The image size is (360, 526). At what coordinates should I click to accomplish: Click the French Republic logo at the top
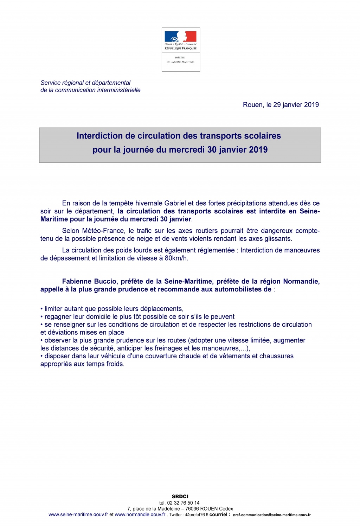coord(181,49)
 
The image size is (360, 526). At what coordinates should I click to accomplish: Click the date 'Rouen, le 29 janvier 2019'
coord(281,105)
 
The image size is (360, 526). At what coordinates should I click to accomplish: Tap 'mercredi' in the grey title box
coord(187,150)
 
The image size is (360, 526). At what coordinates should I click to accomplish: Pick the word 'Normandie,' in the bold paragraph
coord(301,282)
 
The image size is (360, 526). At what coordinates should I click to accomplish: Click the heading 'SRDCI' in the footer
coord(180,496)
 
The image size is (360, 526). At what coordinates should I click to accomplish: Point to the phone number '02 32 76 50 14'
coord(183,503)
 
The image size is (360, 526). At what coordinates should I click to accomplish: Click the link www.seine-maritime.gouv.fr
coord(78,514)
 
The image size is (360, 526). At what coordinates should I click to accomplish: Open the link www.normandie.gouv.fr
coord(140,514)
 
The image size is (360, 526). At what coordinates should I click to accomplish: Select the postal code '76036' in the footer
coord(192,509)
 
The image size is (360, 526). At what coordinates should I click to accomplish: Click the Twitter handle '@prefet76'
coord(195,515)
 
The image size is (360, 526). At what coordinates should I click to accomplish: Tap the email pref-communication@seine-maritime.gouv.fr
coord(271,515)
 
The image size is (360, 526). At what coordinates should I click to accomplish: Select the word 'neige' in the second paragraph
coord(144,239)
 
